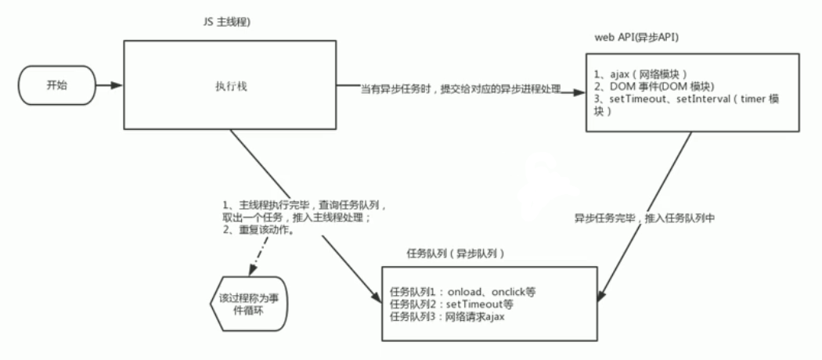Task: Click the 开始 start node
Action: [56, 85]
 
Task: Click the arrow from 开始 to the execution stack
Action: [109, 85]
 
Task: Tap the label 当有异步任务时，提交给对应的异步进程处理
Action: [461, 90]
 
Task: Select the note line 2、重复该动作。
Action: [258, 230]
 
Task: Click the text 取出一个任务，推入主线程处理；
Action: [297, 217]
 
